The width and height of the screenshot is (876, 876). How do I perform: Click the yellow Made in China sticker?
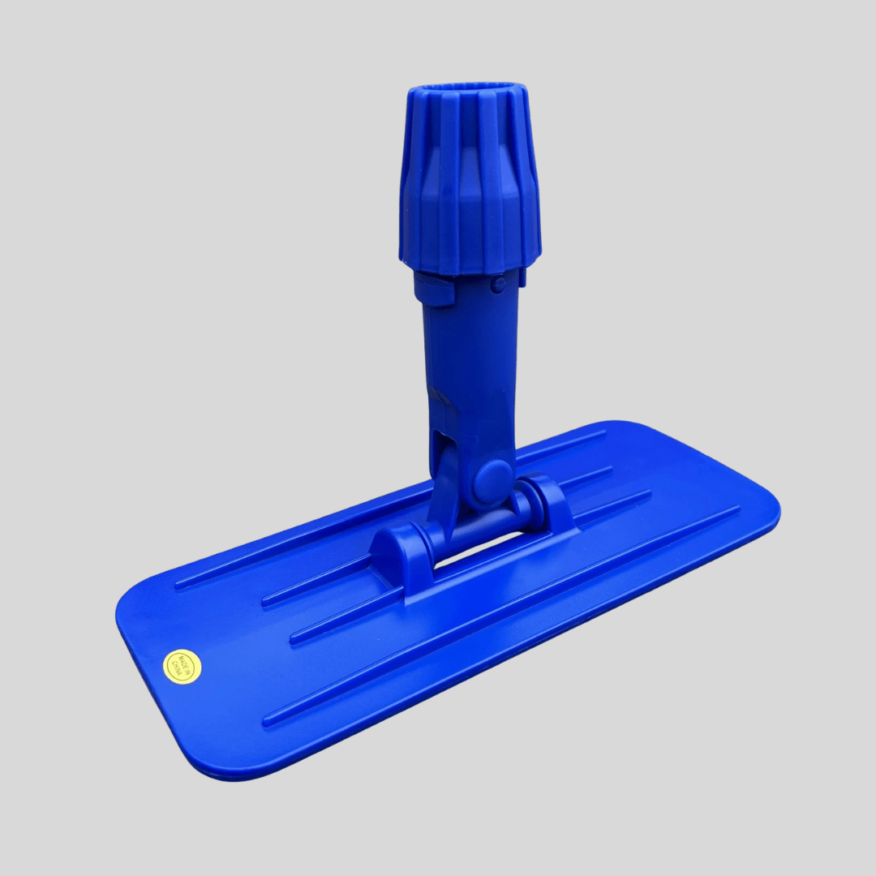(182, 666)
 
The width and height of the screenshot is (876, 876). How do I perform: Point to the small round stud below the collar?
(499, 283)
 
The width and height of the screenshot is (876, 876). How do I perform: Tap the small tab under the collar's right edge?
(522, 278)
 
